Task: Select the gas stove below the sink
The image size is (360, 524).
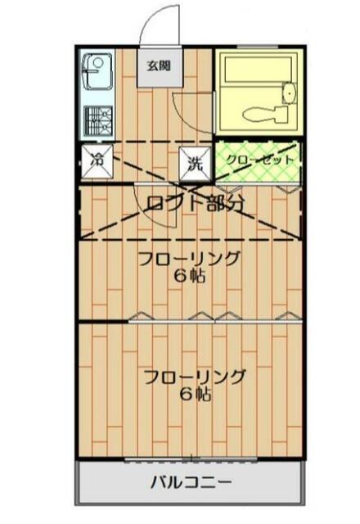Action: tap(97, 121)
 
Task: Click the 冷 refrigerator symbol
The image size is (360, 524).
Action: tap(97, 160)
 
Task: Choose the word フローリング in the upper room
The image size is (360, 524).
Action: tap(188, 260)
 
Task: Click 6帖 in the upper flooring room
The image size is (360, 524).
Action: tap(188, 277)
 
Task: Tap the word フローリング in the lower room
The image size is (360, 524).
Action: tap(193, 377)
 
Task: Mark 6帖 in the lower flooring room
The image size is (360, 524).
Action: tap(195, 395)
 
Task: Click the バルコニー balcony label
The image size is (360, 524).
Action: tap(190, 481)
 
